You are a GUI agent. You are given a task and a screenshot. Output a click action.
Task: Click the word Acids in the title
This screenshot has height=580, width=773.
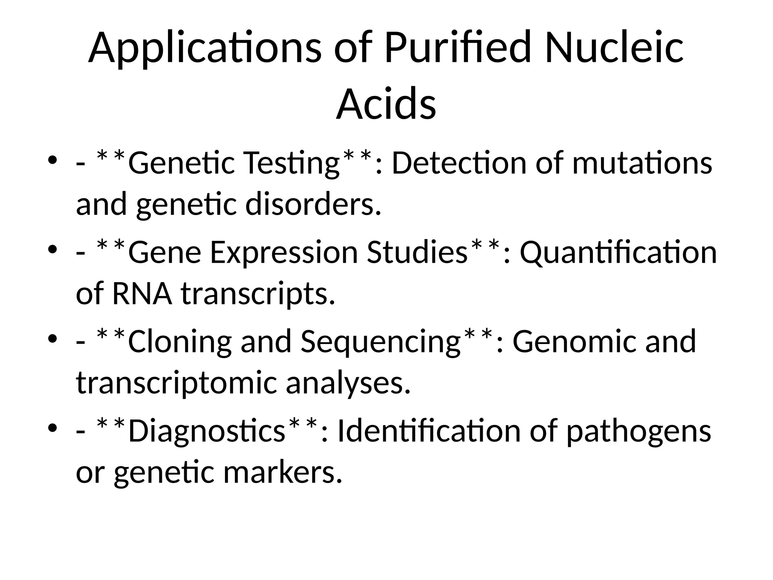[386, 104]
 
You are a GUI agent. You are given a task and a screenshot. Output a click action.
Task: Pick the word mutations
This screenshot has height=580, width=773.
[642, 164]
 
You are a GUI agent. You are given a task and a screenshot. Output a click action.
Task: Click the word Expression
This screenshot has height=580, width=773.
[283, 253]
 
